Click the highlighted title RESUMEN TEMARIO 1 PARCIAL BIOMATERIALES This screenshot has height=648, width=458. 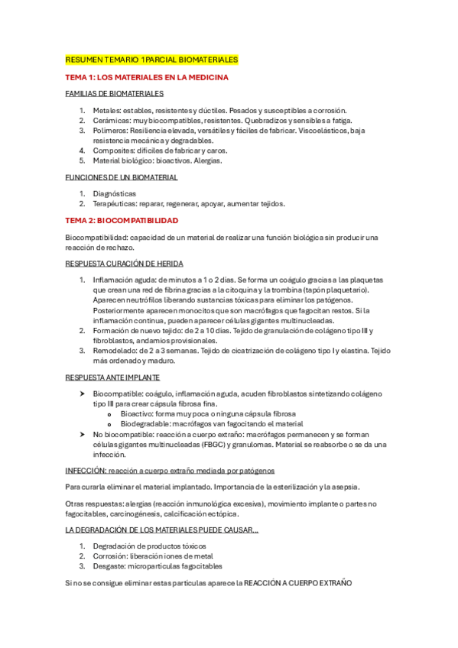tap(151, 60)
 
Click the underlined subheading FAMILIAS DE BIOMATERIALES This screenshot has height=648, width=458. tap(115, 94)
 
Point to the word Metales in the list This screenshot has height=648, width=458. tap(106, 111)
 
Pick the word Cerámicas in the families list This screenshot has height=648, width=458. tap(110, 121)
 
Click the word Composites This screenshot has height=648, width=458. tap(112, 151)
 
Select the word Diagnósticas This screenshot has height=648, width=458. tap(115, 194)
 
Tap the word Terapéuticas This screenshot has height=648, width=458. tap(115, 204)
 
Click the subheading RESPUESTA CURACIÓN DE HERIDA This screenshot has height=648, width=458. tap(125, 263)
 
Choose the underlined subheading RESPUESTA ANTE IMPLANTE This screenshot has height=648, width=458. tap(112, 377)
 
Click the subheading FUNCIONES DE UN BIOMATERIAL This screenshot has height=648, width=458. tap(122, 177)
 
